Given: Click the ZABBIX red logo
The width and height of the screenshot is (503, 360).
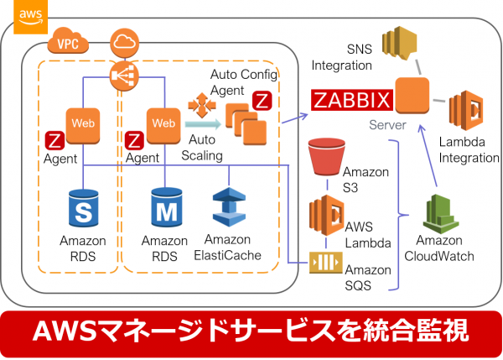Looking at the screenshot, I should click(351, 101).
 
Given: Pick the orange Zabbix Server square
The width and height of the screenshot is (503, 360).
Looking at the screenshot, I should click(412, 99).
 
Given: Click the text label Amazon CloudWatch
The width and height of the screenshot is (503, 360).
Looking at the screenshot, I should click(438, 250).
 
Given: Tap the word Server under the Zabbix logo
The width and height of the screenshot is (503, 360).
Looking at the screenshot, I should click(386, 124).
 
